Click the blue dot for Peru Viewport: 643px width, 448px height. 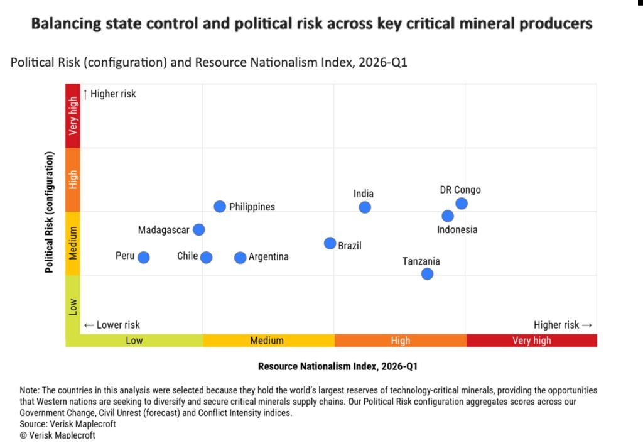[x=144, y=258]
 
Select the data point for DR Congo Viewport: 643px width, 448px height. [x=462, y=204]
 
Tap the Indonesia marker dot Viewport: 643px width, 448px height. [x=448, y=216]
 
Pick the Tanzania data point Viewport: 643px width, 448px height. [x=427, y=274]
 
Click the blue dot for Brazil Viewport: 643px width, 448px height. [x=330, y=243]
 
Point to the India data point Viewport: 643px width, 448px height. [x=365, y=207]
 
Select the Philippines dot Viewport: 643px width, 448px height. [x=220, y=206]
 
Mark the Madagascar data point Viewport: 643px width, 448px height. [x=199, y=230]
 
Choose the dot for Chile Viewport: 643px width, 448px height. [x=206, y=258]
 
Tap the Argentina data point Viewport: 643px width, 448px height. [x=240, y=258]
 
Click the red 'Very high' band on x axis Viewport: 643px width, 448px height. [x=532, y=341]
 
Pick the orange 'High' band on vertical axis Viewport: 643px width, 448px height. [x=73, y=180]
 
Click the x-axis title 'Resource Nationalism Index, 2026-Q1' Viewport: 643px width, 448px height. [x=337, y=366]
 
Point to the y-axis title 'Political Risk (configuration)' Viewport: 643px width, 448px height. [x=49, y=212]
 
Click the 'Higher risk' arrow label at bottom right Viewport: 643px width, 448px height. [x=563, y=325]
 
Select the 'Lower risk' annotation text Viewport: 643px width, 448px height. [x=112, y=325]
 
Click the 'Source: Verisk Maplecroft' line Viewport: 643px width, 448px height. [x=68, y=423]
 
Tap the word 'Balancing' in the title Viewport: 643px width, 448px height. [x=66, y=24]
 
